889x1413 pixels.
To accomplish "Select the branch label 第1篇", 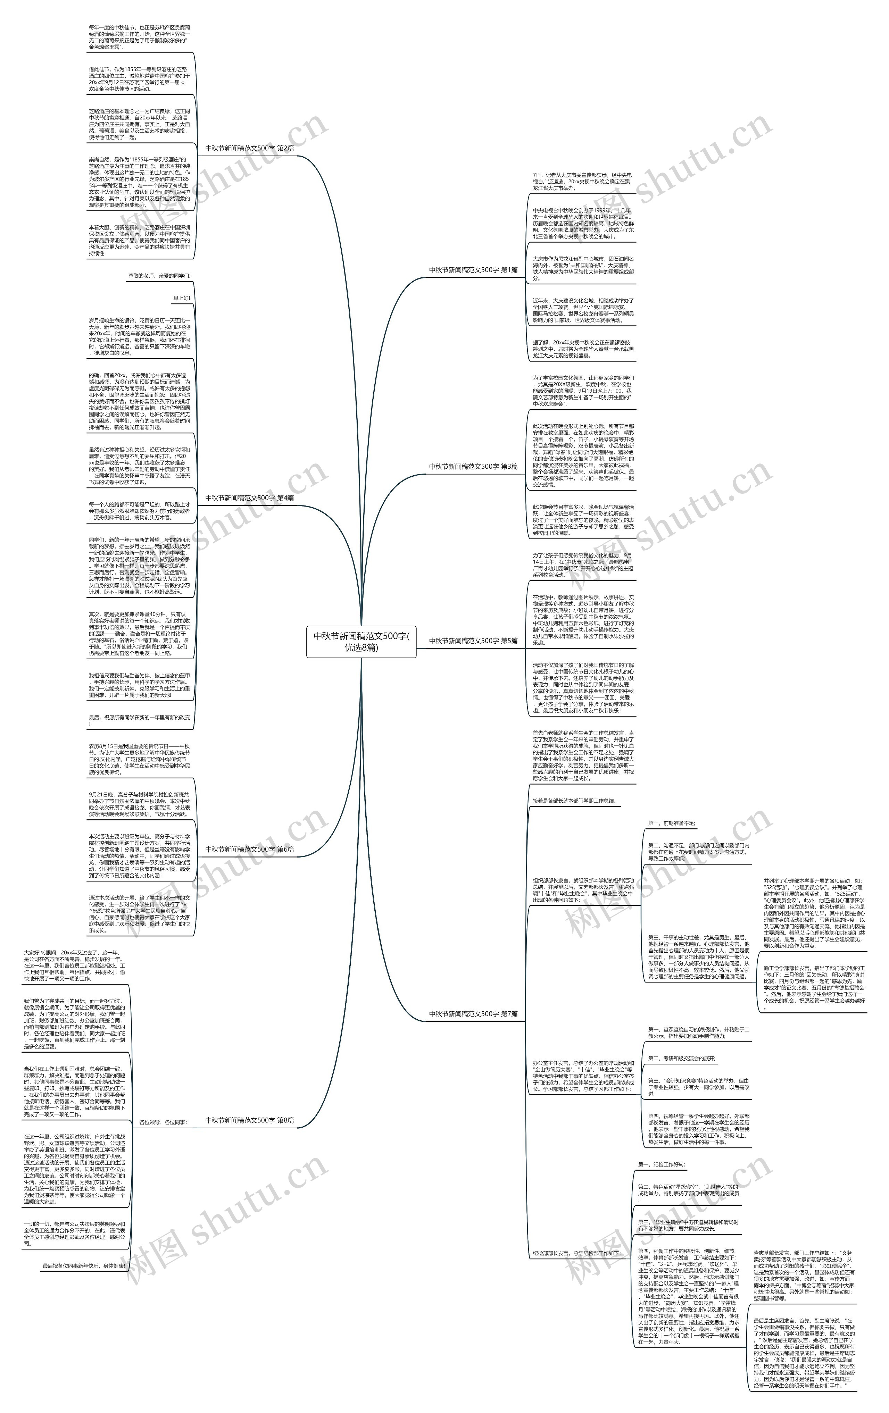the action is pyautogui.click(x=473, y=270).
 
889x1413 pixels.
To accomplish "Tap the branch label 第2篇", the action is pyautogui.click(x=249, y=149).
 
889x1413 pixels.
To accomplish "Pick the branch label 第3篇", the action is pyautogui.click(x=473, y=467).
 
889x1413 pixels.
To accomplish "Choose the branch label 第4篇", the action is pyautogui.click(x=249, y=498).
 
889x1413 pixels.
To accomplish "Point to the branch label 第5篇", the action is pyautogui.click(x=473, y=641).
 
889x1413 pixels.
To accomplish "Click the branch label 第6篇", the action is pyautogui.click(x=249, y=849).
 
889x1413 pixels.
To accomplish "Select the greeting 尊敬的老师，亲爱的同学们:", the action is pyautogui.click(x=159, y=276).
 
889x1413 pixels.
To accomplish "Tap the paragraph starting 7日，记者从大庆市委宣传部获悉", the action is pyautogui.click(x=583, y=181).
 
